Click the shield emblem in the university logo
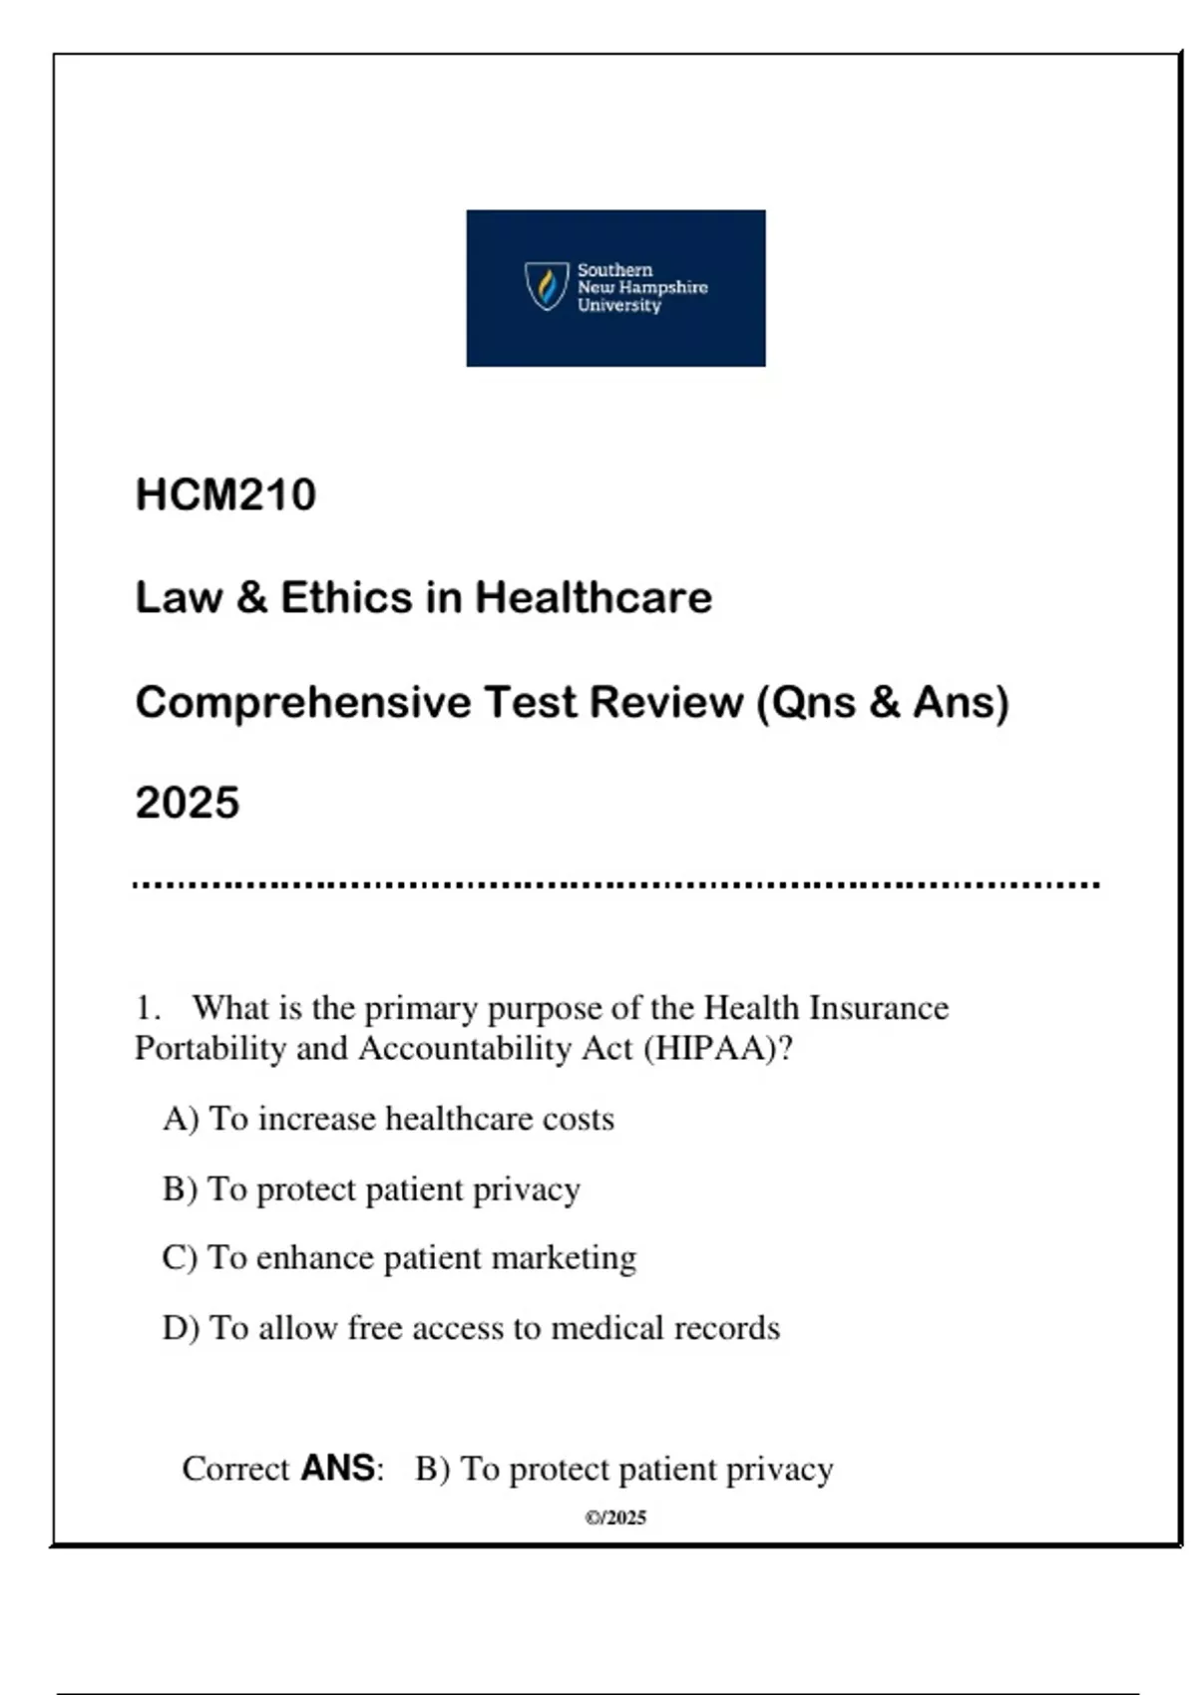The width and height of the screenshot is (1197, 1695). (x=547, y=286)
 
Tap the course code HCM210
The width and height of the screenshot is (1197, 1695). (x=225, y=495)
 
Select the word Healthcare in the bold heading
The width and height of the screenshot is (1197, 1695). (x=594, y=597)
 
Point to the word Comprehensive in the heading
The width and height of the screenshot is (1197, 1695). (x=303, y=702)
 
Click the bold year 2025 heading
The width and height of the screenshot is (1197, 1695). (x=188, y=803)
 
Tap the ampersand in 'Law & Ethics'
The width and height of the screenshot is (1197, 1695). (x=251, y=597)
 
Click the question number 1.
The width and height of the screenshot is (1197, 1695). (x=147, y=1008)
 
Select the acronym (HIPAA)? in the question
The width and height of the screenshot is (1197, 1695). (x=718, y=1049)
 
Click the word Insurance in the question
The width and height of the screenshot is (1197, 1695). (x=878, y=1008)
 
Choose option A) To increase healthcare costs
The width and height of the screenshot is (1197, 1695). (x=388, y=1119)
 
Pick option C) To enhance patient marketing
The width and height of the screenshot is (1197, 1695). (x=399, y=1258)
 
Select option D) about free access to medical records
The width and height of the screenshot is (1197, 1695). (x=471, y=1328)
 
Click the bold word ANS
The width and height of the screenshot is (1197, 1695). (x=337, y=1468)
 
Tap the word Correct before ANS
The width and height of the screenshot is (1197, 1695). (x=235, y=1469)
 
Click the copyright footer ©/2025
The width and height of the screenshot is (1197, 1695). (x=615, y=1518)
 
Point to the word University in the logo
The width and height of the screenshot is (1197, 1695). (x=618, y=305)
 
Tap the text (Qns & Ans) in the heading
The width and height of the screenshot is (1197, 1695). (x=883, y=702)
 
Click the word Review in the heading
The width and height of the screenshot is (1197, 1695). (x=665, y=702)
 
